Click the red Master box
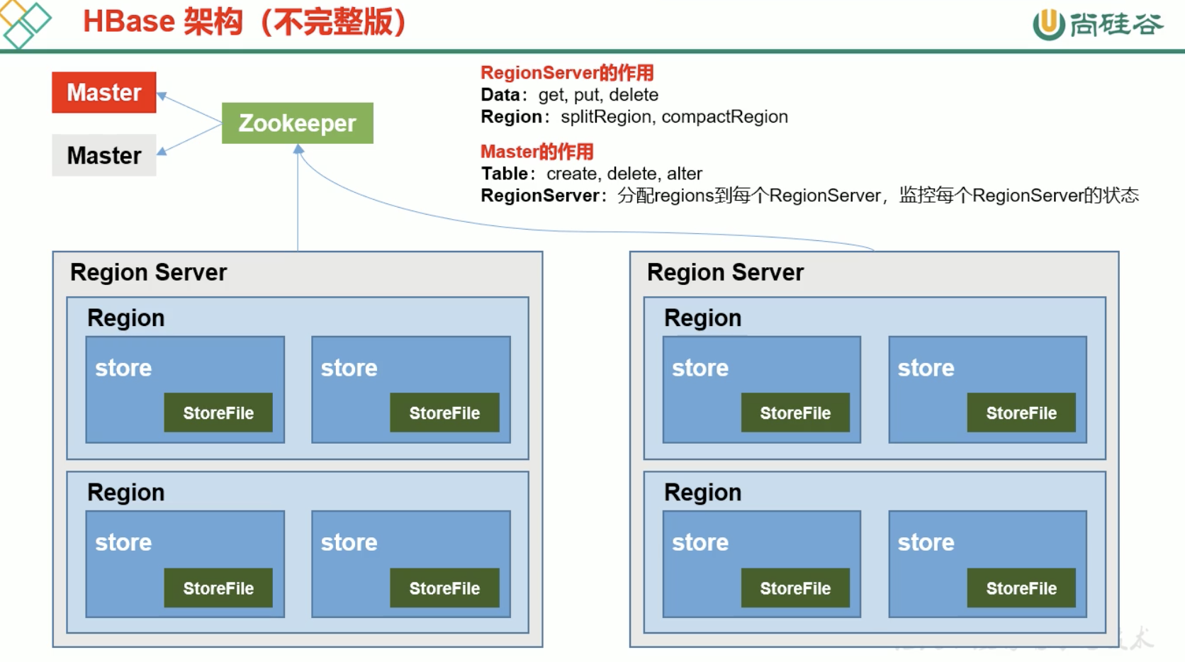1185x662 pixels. tap(104, 93)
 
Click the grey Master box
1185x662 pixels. tap(104, 155)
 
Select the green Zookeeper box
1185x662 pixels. tap(297, 123)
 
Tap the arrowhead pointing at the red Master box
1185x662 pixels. tap(162, 96)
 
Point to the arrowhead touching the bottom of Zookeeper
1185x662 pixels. tap(298, 150)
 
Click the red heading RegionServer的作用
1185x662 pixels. tap(567, 73)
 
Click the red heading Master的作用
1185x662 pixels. tap(537, 152)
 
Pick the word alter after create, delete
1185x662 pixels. tap(685, 174)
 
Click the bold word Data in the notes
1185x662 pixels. tap(500, 95)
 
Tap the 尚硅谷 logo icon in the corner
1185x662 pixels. tap(1048, 24)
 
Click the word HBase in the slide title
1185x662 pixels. tap(128, 22)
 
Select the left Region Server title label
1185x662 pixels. tap(149, 273)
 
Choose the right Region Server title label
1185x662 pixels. tap(725, 273)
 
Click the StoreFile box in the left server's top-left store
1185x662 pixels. tap(218, 413)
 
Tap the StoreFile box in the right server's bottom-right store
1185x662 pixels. tap(1021, 588)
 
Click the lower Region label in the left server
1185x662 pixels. tap(126, 493)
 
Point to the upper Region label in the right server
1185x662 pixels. tap(702, 318)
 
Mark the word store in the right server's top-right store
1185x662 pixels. tap(926, 369)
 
